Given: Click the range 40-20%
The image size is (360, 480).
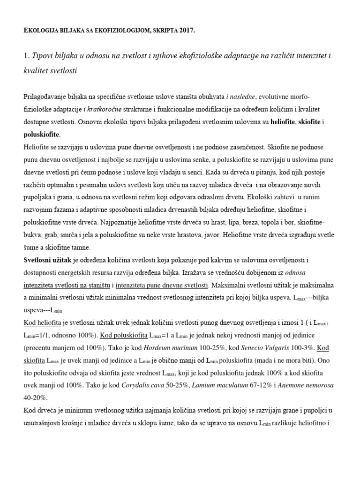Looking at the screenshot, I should (36, 397).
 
